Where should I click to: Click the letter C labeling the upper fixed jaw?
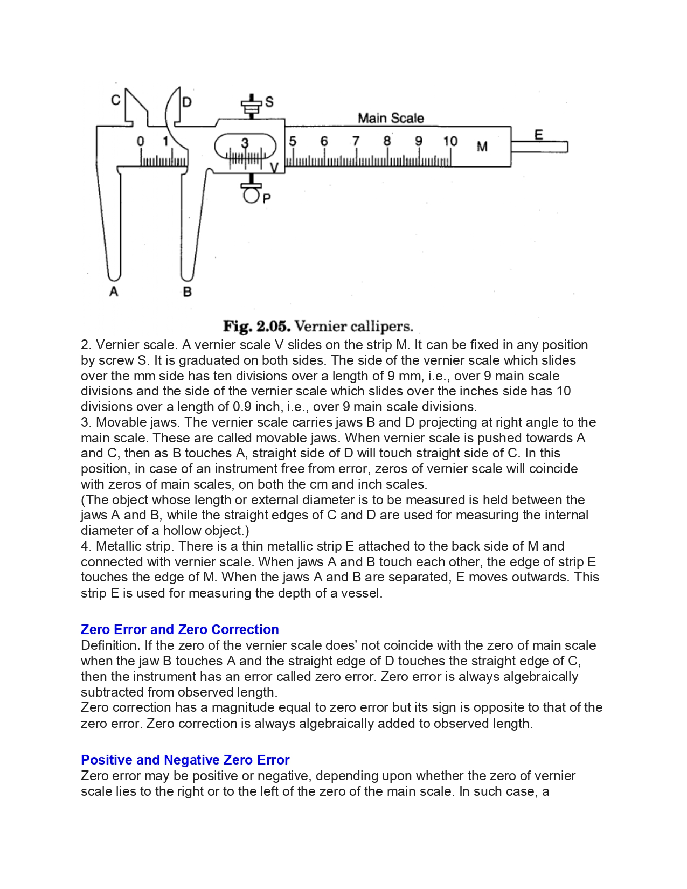point(116,100)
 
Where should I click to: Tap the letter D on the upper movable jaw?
point(186,102)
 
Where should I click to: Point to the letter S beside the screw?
point(269,101)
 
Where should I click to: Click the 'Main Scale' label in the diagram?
point(391,118)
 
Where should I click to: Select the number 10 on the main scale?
point(450,141)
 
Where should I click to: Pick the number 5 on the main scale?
point(293,141)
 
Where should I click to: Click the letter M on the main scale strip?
point(482,147)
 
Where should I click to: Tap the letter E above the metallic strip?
point(538,135)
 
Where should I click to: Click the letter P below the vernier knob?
point(267,198)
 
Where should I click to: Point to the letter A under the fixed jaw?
point(114,291)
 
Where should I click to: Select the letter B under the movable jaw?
point(188,292)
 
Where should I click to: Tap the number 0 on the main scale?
point(141,141)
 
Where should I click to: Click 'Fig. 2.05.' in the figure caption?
point(257,327)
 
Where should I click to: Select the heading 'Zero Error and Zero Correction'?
point(179,629)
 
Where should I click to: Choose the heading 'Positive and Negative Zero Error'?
point(185,760)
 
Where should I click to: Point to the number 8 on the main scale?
point(387,141)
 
